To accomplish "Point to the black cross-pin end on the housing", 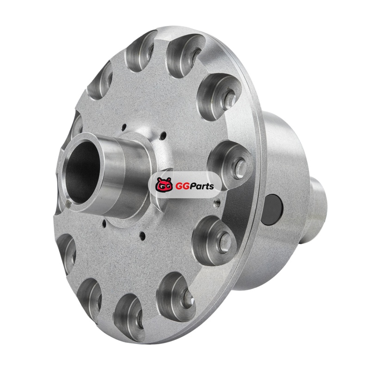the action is click(x=271, y=210).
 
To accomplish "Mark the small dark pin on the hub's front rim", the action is click(x=68, y=203).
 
